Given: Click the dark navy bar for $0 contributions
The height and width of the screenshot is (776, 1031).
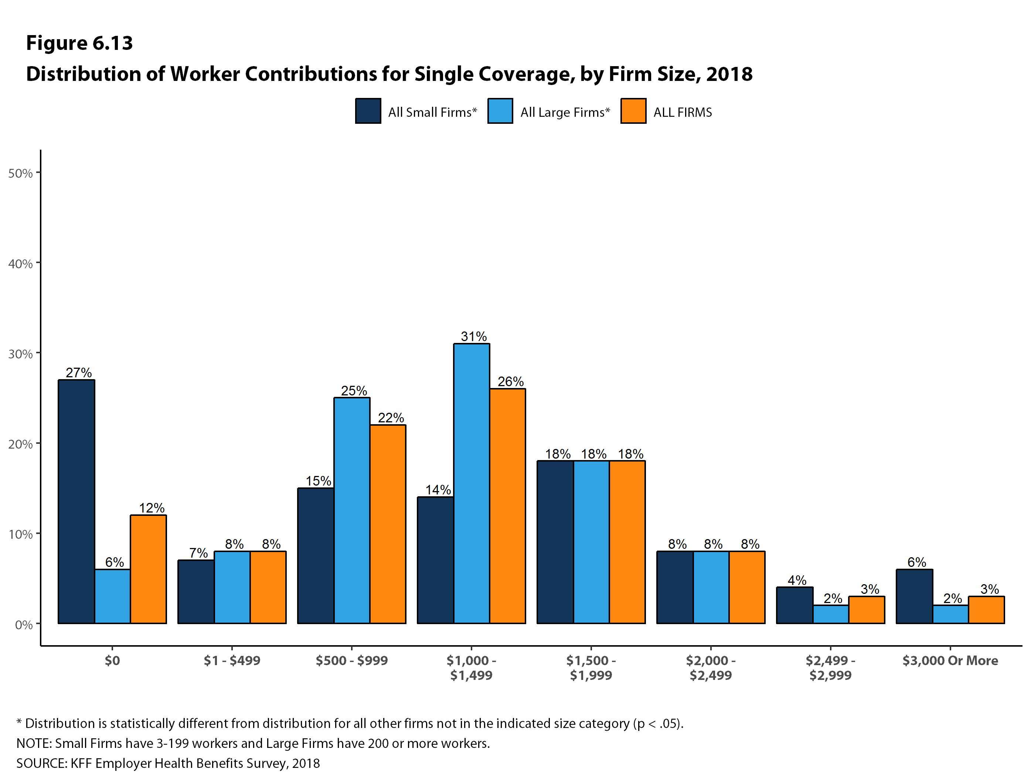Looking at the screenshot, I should point(76,501).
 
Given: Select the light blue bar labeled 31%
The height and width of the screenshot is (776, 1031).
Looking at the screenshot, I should point(472,483).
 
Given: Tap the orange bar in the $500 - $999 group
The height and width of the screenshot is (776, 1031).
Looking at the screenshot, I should point(388,524).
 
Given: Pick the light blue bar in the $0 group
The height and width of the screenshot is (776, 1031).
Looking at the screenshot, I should point(112,596).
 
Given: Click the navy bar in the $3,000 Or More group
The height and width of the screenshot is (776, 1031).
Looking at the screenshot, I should point(915,596).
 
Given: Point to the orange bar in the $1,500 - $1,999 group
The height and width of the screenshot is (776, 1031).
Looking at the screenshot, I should point(627,542).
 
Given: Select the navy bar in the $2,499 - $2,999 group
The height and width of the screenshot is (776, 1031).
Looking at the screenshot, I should point(795,605).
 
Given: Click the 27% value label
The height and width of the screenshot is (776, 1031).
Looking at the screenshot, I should point(79,373).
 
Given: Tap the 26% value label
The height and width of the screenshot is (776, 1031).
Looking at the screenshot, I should point(510,382).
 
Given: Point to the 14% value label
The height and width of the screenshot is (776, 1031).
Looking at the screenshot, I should point(438,490).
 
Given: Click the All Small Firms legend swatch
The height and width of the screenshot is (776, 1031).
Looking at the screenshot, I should point(368,111).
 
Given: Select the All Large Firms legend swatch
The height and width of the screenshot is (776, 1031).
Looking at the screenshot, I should point(500,111).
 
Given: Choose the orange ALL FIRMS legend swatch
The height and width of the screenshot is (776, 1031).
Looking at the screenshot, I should point(633,111).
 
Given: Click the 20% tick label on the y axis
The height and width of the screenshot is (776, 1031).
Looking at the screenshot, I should point(20,444).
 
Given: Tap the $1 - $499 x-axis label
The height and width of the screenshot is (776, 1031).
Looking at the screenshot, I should point(232,660).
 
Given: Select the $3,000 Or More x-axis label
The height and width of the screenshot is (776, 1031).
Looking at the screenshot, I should point(950,660).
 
